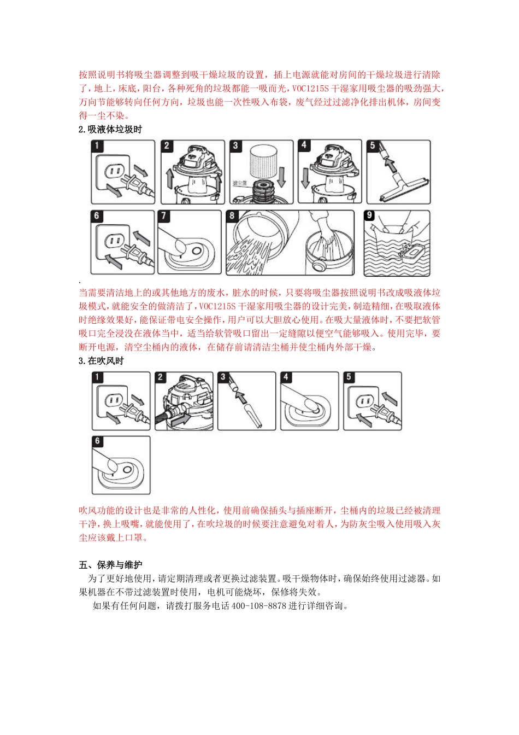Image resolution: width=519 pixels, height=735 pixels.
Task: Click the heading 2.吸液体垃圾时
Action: [110, 130]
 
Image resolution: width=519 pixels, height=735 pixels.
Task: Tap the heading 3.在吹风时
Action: [101, 361]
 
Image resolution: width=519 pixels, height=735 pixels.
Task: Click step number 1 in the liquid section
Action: [97, 146]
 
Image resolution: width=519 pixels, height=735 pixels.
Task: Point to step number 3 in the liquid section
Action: [235, 145]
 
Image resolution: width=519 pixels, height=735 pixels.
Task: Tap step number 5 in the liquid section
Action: [373, 145]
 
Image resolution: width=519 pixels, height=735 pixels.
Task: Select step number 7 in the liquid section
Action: [164, 216]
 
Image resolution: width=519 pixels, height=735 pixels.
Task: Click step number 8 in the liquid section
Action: [232, 216]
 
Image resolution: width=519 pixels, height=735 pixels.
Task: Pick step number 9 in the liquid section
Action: [370, 215]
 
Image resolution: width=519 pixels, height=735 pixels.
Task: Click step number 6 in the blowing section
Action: [98, 441]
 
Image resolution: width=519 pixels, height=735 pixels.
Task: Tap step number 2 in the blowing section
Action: [161, 377]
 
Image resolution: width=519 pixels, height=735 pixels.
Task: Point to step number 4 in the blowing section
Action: [286, 377]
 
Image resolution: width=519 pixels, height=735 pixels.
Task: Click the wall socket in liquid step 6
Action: [114, 241]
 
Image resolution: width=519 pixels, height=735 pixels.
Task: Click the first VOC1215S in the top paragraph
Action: [310, 89]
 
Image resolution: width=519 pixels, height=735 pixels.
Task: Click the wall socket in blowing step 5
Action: [364, 402]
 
